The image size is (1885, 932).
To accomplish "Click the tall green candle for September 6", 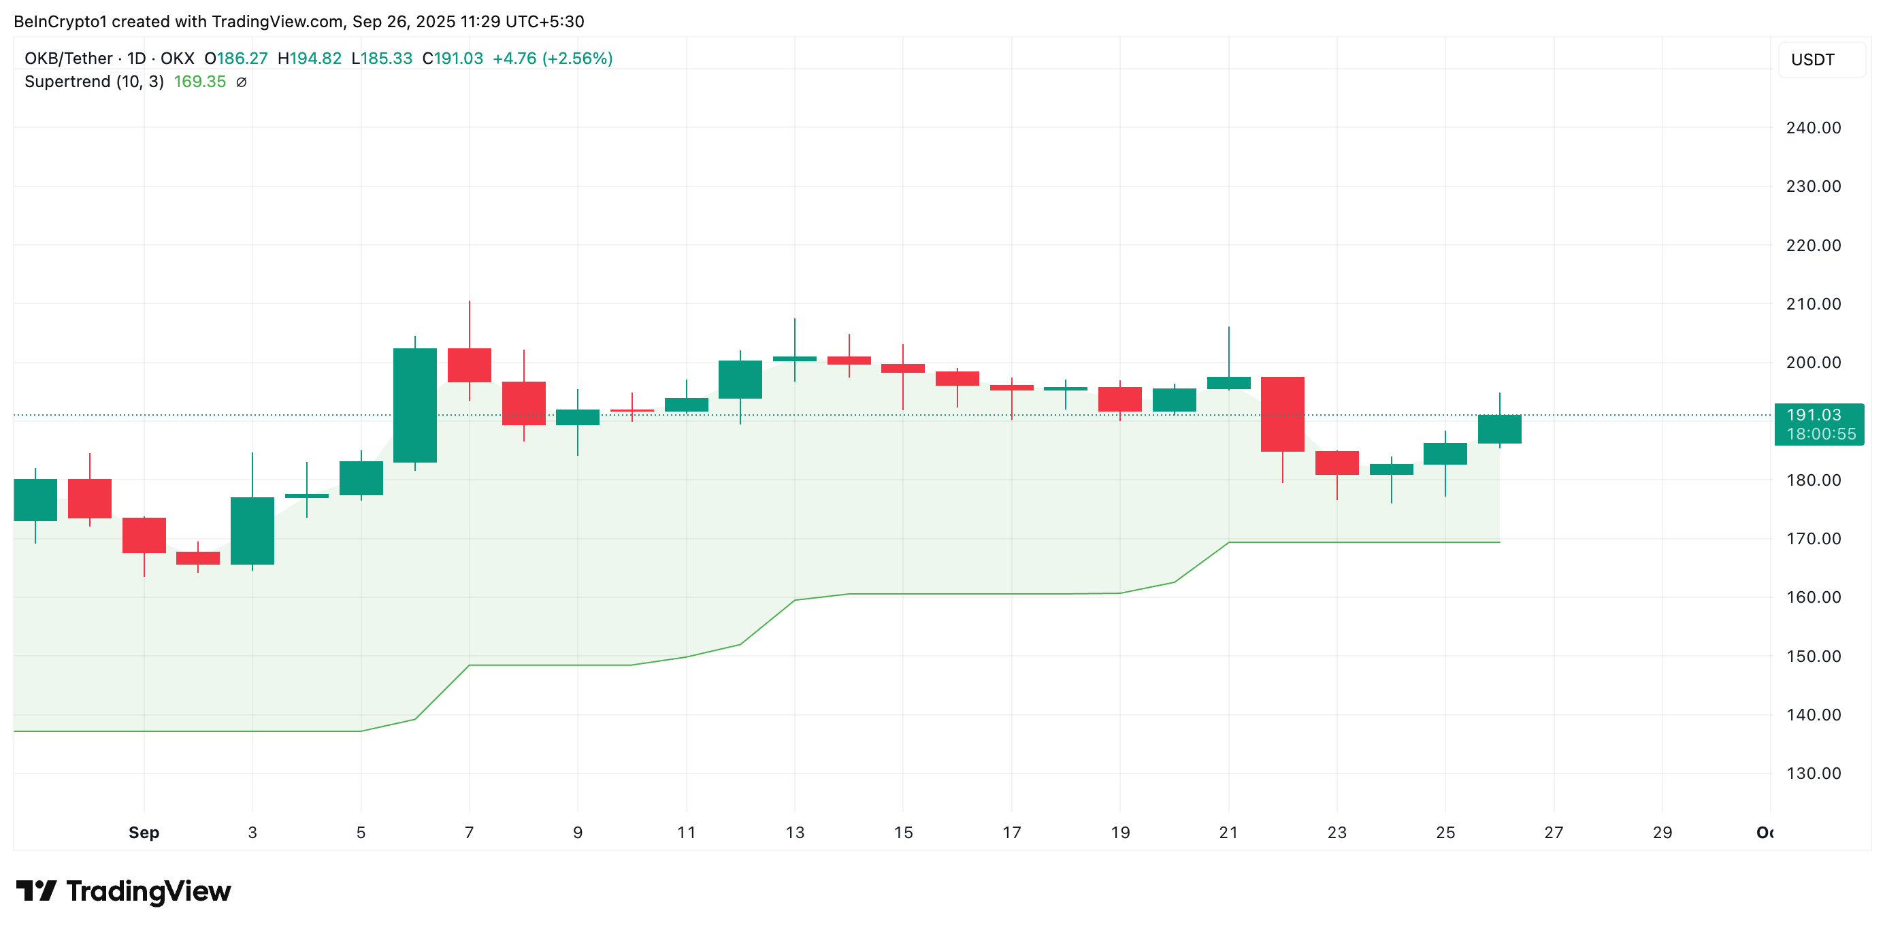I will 415,405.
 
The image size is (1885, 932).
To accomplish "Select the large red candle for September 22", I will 1282,414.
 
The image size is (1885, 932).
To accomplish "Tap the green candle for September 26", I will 1499,429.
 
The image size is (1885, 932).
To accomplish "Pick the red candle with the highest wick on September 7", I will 469,365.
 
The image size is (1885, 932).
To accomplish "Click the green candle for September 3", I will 252,531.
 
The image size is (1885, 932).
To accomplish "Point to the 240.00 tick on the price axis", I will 1813,128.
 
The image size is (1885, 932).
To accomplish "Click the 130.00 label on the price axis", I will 1813,773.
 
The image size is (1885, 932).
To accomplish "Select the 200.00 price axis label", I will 1813,363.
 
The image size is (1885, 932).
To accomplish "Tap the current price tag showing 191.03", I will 1818,425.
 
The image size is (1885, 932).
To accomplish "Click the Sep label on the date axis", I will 144,833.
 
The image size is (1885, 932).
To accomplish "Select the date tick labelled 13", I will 795,833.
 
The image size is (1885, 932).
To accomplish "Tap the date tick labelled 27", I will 1554,833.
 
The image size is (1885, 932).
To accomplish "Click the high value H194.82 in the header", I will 310,59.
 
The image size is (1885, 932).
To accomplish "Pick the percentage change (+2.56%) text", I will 576,59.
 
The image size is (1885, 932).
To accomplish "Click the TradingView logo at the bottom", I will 123,891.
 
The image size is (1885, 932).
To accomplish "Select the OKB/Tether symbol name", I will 68,59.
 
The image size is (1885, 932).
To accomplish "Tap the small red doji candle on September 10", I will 632,410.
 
